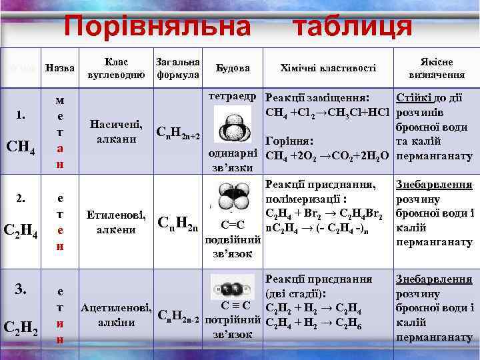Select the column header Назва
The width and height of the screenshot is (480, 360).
59,68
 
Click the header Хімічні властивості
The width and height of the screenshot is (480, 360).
328,68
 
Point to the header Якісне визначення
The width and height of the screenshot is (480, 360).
437,68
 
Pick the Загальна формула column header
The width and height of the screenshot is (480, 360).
177,68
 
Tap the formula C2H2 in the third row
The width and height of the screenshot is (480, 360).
23,328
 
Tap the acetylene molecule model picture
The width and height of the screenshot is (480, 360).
233,289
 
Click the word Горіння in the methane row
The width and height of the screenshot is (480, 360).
289,142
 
